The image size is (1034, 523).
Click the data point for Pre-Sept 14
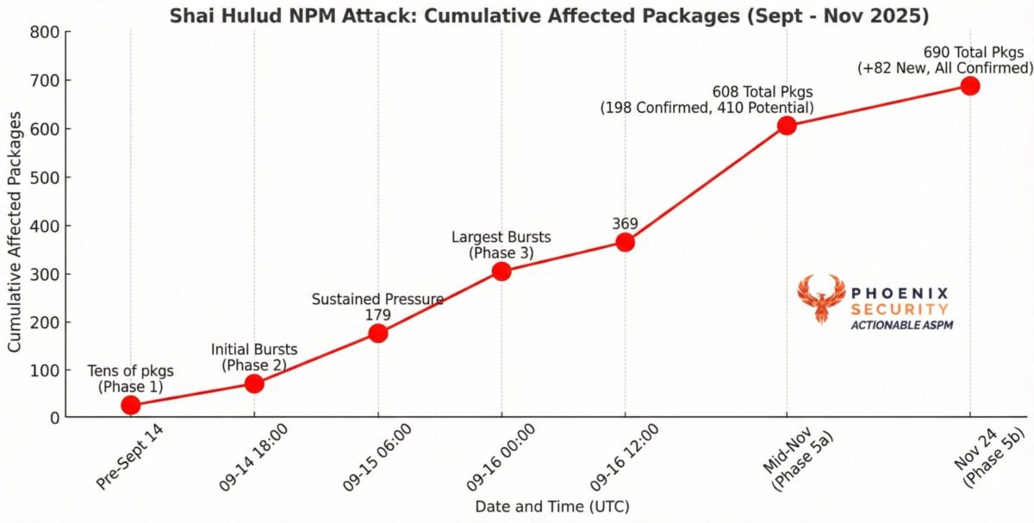131,405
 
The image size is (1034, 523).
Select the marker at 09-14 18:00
254,383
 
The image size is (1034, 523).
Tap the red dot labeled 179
377,333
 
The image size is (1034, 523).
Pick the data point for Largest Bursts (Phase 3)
501,271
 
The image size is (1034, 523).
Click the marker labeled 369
625,242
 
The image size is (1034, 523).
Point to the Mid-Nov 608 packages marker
787,126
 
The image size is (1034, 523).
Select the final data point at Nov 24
970,85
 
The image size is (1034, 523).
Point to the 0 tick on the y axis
52,418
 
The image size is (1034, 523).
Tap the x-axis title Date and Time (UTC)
551,507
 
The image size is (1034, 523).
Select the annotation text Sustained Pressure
377,299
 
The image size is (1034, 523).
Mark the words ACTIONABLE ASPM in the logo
901,325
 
